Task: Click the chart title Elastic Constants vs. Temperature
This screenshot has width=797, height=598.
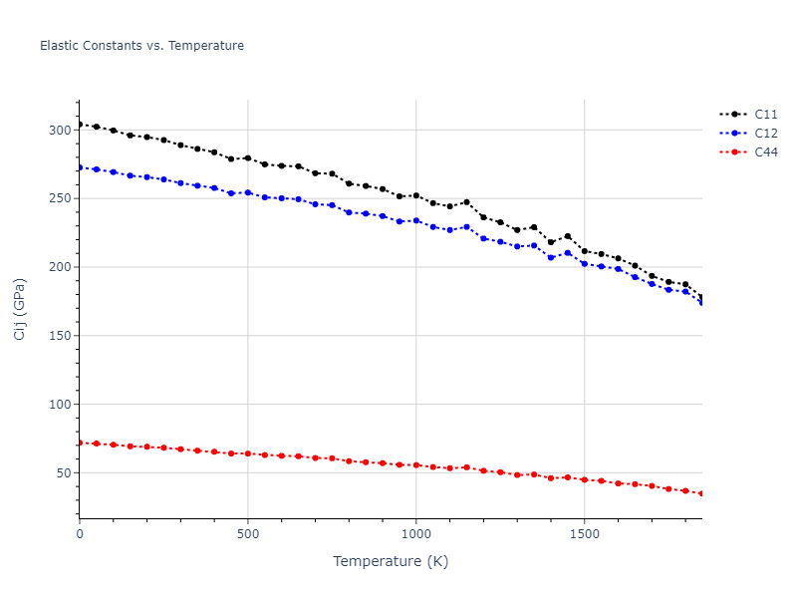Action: coord(141,46)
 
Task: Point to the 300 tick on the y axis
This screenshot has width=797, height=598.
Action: coord(59,131)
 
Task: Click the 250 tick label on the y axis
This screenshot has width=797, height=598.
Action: coord(59,198)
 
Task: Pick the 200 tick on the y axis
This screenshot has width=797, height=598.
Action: coord(59,267)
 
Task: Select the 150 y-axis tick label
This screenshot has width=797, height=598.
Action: coord(59,336)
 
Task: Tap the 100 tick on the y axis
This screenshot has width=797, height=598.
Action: coord(59,405)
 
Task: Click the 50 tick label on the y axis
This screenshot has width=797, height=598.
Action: coord(63,473)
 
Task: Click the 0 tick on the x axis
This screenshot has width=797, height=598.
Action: coord(80,535)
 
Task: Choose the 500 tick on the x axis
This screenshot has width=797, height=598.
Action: coord(248,535)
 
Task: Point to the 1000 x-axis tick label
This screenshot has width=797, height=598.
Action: coord(415,535)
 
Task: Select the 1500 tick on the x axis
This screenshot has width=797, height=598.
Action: coord(584,535)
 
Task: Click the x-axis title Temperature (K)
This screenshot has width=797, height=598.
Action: coord(391,562)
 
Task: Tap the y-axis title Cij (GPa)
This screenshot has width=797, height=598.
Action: coord(20,309)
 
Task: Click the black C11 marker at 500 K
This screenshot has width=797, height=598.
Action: coord(248,158)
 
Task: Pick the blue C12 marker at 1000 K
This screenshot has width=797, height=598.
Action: coord(415,220)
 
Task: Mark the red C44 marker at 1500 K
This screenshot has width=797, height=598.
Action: coord(584,479)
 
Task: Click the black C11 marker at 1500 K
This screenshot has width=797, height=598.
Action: coord(584,251)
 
